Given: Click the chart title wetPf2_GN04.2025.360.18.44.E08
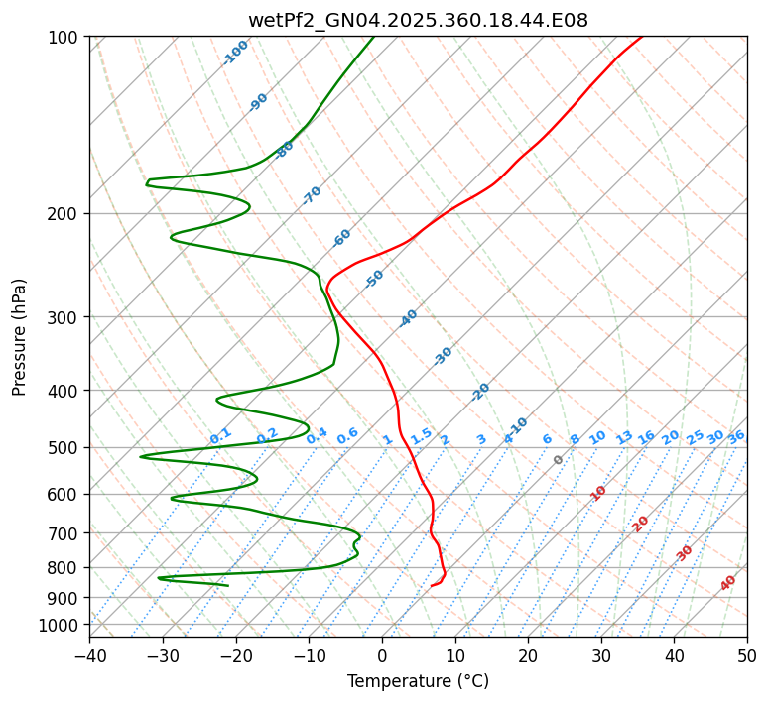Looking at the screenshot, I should tap(418, 20).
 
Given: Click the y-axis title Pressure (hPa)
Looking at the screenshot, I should tap(20, 337).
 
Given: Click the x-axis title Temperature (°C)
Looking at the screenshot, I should tap(418, 682).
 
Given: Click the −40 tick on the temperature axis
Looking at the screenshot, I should tap(89, 655).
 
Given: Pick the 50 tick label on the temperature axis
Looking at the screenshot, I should tap(747, 655).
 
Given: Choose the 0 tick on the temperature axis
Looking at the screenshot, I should tap(382, 655).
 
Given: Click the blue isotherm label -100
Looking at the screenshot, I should tap(235, 53).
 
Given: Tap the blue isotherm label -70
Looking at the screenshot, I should tap(312, 195).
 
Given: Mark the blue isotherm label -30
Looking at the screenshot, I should tap(443, 356).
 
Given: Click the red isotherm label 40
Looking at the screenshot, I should tap(728, 583).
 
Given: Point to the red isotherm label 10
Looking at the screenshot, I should tap(597, 493).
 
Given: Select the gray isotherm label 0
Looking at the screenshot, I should tap(559, 460).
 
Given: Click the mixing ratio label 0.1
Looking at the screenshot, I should tap(220, 436).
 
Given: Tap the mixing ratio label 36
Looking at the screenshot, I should tap(736, 436).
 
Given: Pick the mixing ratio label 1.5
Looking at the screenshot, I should tap(421, 436).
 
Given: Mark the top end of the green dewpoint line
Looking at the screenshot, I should tap(374, 37).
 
